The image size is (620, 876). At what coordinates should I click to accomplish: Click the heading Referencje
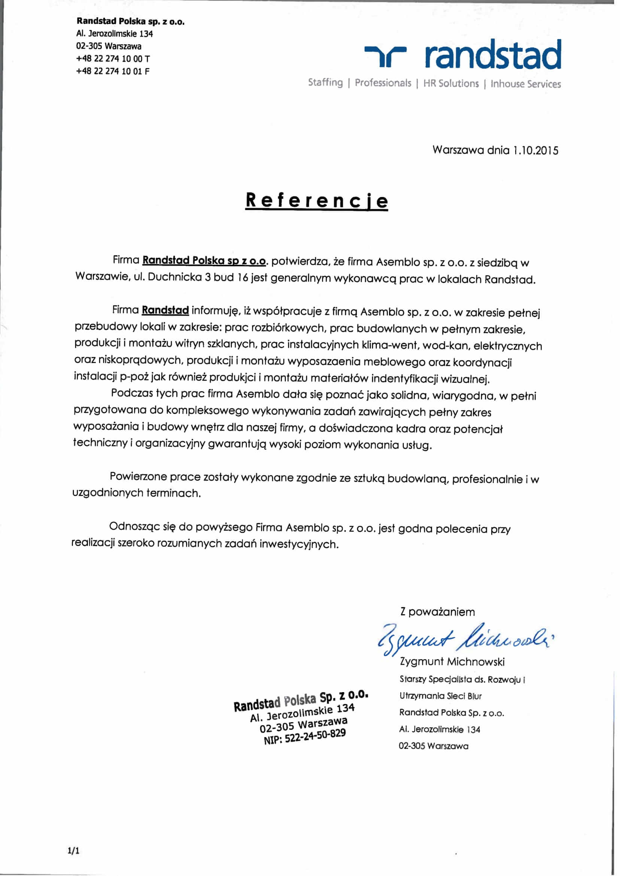pyautogui.click(x=316, y=200)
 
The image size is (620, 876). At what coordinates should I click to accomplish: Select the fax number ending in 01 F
pyautogui.click(x=113, y=71)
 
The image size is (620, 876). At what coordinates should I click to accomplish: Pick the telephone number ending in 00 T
pyautogui.click(x=113, y=59)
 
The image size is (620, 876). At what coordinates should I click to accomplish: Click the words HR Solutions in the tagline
pyautogui.click(x=450, y=84)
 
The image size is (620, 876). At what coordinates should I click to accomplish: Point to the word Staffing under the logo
pyautogui.click(x=325, y=82)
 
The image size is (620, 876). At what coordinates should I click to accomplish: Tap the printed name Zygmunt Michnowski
pyautogui.click(x=452, y=661)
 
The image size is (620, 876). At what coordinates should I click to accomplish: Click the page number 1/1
pyautogui.click(x=73, y=851)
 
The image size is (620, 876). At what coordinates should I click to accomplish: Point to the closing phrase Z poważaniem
pyautogui.click(x=438, y=612)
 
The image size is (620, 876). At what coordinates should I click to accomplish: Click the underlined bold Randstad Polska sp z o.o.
pyautogui.click(x=204, y=261)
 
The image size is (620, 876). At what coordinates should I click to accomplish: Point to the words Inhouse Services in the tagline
pyautogui.click(x=525, y=84)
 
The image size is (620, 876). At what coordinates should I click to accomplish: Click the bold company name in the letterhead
pyautogui.click(x=131, y=21)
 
